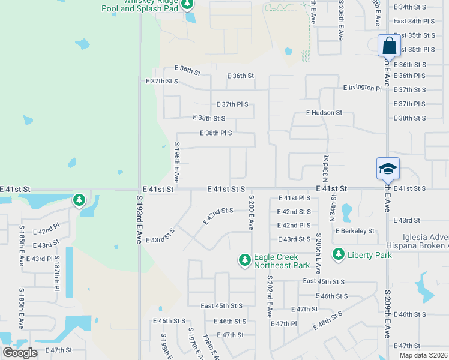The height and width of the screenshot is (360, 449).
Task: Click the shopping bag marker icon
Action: pos(389,45)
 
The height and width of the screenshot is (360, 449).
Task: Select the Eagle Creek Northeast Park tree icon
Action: pos(244,260)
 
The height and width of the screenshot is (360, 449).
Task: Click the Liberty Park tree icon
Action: pos(338,255)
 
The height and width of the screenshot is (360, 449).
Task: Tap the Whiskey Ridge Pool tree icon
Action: pos(187,5)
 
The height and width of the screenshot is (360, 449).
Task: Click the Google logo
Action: pos(20,353)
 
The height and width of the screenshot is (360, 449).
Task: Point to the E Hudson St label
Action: pos(324,112)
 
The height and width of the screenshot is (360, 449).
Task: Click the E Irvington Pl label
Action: pos(362,88)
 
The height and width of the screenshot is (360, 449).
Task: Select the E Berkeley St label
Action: pos(355,231)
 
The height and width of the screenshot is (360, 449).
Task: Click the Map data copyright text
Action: pos(423,355)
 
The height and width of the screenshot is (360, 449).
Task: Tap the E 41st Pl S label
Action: pos(294,198)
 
